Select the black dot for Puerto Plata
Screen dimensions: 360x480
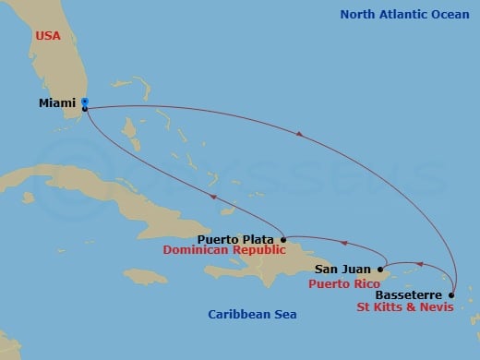tap(283, 239)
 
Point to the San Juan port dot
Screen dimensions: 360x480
tap(380, 270)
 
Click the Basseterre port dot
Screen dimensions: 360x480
tap(451, 296)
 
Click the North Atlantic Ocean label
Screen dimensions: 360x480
tap(405, 14)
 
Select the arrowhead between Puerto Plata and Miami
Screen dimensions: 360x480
tap(214, 198)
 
